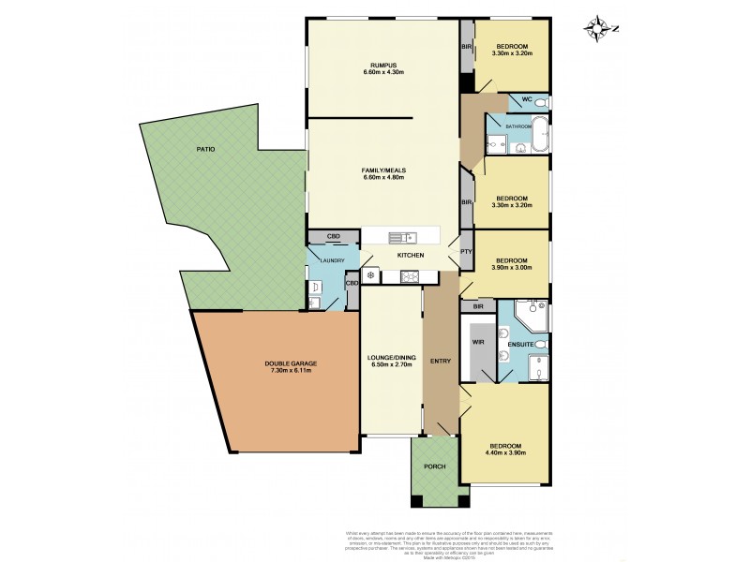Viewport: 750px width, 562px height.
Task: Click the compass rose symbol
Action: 597,28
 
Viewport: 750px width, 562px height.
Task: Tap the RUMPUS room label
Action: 382,65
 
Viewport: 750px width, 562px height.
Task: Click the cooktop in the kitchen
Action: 411,275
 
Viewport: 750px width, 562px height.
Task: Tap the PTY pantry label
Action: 465,252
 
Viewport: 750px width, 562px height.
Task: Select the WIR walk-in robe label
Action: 476,343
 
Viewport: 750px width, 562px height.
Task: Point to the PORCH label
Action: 434,466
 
